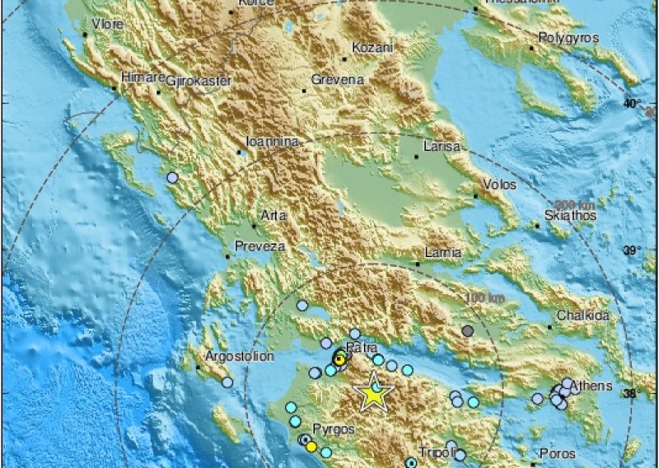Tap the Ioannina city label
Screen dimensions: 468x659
pos(273,142)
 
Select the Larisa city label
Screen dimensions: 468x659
pos(439,146)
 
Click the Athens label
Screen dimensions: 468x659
pos(595,386)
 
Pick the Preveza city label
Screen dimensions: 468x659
pos(260,246)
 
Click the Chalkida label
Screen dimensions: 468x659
pos(582,316)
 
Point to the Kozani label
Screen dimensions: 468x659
pos(372,49)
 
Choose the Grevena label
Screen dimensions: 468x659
pos(338,80)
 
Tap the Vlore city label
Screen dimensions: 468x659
pos(105,25)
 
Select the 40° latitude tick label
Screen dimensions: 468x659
pos(633,104)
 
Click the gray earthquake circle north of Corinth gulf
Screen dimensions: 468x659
pos(468,331)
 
